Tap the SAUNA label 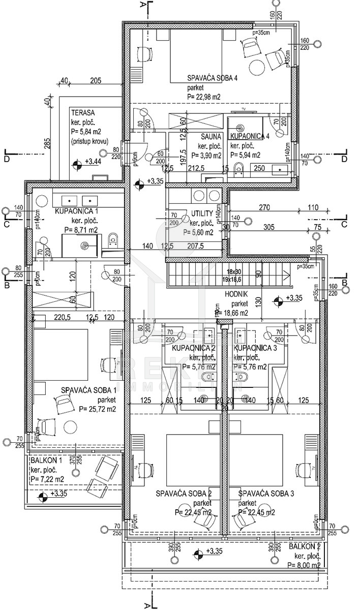pyautogui.click(x=210, y=137)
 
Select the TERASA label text pyautogui.click(x=83, y=113)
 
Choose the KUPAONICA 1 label pyautogui.click(x=76, y=211)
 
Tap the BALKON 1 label pyautogui.click(x=46, y=461)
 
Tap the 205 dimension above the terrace pyautogui.click(x=96, y=80)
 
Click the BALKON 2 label pyautogui.click(x=304, y=546)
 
